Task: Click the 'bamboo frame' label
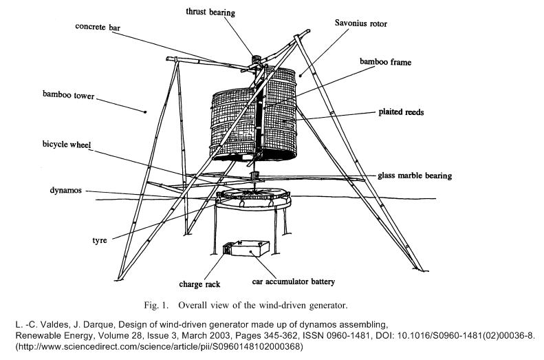[x=385, y=62]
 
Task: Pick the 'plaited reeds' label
[x=405, y=112]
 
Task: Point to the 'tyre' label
[x=100, y=241]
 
